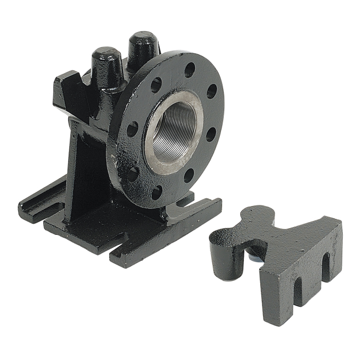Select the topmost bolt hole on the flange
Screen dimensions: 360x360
[189, 70]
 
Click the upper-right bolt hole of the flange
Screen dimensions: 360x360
[212, 91]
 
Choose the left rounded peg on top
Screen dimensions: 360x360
[107, 65]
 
